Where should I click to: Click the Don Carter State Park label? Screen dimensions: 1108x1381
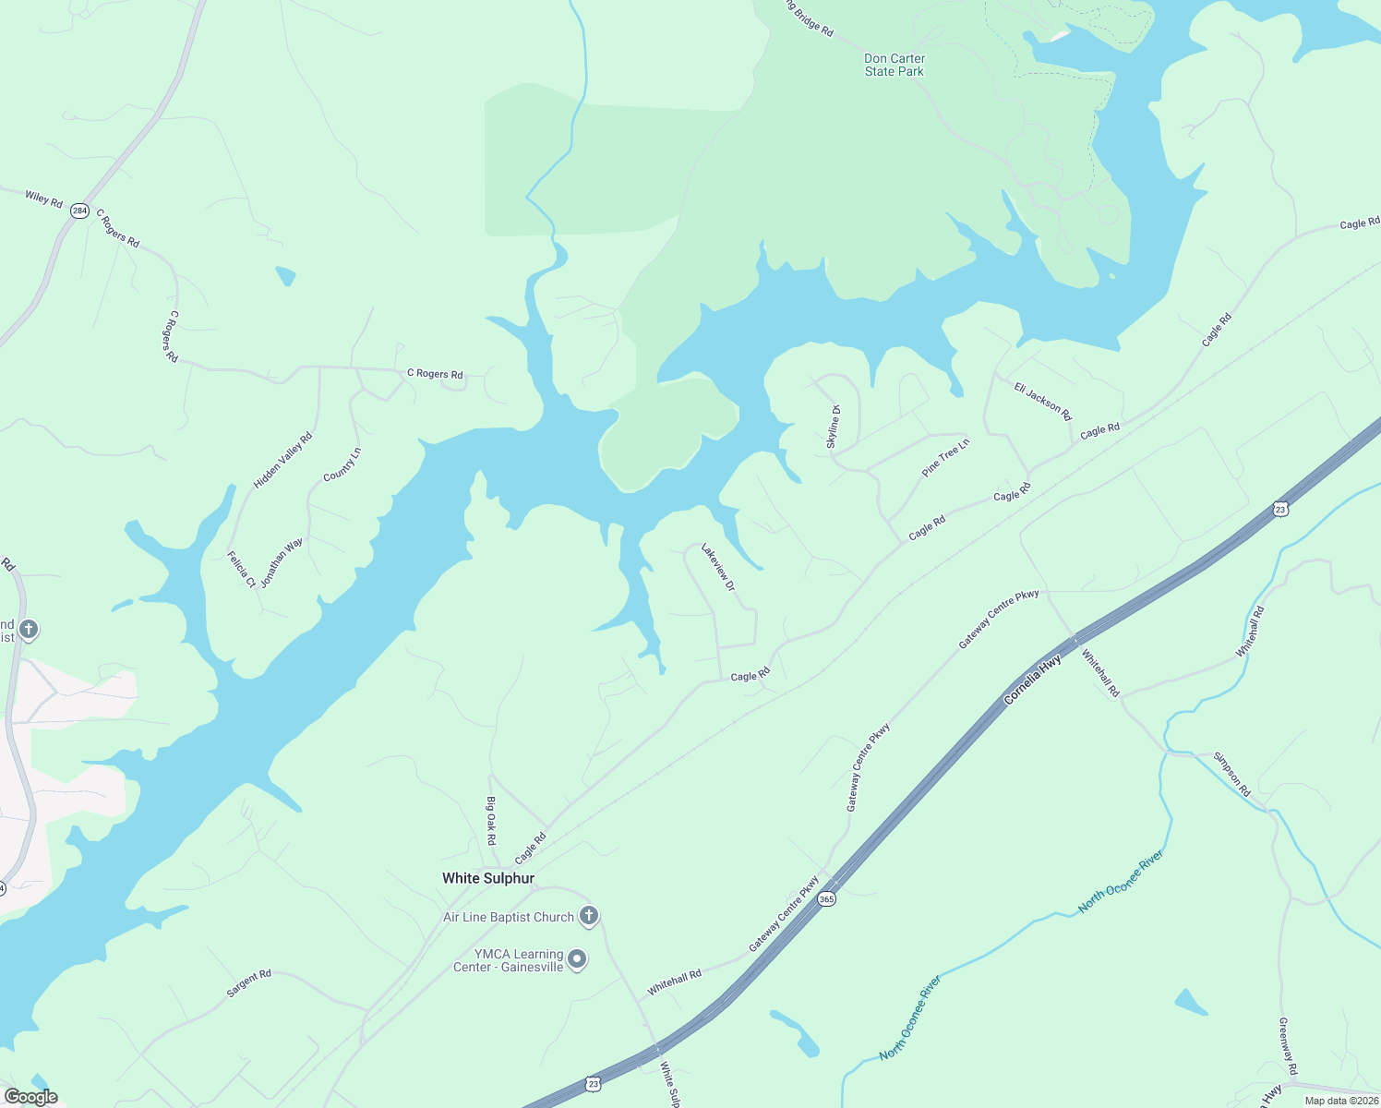point(894,65)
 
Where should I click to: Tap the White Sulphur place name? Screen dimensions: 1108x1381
point(488,878)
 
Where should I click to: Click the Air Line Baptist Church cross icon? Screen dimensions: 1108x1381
point(588,916)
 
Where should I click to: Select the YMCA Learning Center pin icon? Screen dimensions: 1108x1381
point(577,960)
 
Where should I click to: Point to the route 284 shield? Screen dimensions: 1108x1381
point(80,211)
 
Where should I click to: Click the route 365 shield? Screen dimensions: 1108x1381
point(826,898)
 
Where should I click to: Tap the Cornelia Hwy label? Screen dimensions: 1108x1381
point(1033,680)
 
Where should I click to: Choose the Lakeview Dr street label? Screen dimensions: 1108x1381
point(718,567)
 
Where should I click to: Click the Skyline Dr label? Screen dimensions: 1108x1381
point(833,428)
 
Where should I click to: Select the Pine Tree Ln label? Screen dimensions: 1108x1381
point(946,458)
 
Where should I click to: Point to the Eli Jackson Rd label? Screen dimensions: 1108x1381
point(1043,402)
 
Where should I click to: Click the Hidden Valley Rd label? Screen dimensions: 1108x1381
point(283,460)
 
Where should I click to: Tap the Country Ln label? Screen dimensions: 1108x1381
point(342,464)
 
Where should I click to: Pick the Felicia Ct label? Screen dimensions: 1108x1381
point(242,570)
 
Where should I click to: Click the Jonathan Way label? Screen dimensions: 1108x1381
point(282,563)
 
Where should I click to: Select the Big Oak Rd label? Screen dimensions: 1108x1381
point(491,821)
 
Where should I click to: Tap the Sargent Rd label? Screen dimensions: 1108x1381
point(249,984)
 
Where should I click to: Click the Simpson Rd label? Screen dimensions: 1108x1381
point(1231,775)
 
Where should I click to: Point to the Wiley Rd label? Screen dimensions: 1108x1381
point(43,198)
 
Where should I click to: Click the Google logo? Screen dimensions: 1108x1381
point(31,1097)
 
